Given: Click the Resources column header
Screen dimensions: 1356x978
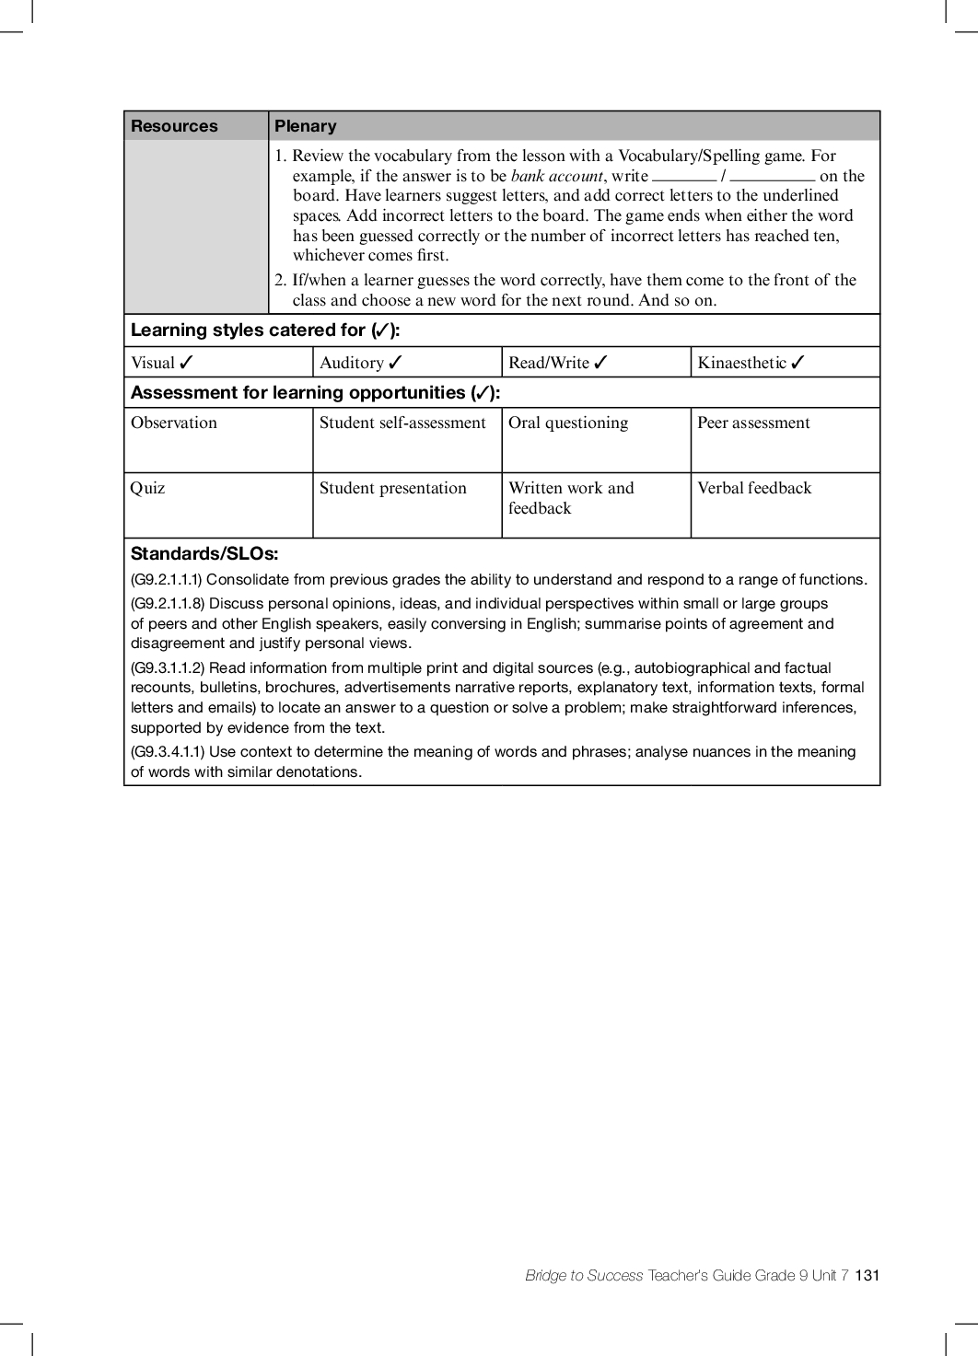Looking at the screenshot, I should pyautogui.click(x=174, y=126).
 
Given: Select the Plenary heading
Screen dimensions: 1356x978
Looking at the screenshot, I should pyautogui.click(x=306, y=126).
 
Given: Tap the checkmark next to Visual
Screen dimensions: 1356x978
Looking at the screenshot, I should pyautogui.click(x=187, y=363).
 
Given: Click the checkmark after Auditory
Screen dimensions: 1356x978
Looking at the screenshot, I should pyautogui.click(x=396, y=363).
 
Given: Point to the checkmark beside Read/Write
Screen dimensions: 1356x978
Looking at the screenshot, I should pyautogui.click(x=601, y=363).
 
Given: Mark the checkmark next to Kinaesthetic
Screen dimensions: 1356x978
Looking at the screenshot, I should pyautogui.click(x=798, y=363).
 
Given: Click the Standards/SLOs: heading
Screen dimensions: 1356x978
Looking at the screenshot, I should pyautogui.click(x=204, y=554).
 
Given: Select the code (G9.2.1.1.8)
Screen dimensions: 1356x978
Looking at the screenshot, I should pyautogui.click(x=168, y=604).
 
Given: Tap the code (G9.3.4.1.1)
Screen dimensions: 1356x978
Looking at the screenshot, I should pyautogui.click(x=168, y=752).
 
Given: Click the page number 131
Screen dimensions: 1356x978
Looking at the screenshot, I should pyautogui.click(x=867, y=1275).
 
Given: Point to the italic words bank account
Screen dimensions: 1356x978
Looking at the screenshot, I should pyautogui.click(x=556, y=176).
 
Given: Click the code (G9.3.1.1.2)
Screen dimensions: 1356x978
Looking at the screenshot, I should pyautogui.click(x=168, y=668).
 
